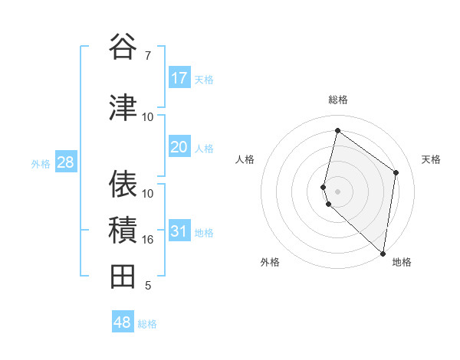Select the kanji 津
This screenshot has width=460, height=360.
(x=123, y=107)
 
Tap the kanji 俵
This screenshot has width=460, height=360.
(x=123, y=184)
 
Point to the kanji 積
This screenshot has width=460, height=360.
(x=123, y=230)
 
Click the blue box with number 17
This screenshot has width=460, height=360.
(x=179, y=78)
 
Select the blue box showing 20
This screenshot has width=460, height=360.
(x=179, y=147)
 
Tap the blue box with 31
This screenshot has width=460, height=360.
(x=179, y=232)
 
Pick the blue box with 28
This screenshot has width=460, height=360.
(x=65, y=162)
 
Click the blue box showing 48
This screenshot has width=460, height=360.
(x=123, y=322)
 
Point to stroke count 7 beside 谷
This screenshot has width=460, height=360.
(x=148, y=55)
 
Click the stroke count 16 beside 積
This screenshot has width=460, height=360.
(x=148, y=240)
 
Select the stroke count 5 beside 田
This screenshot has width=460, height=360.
(x=148, y=286)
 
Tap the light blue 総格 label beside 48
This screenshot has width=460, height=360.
(x=147, y=324)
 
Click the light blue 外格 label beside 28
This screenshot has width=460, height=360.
(x=41, y=164)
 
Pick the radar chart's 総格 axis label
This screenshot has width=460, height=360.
(x=338, y=100)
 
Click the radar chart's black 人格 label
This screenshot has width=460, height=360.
(x=245, y=159)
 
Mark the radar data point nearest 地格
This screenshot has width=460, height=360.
(x=383, y=254)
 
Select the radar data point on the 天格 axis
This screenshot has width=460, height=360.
(x=396, y=172)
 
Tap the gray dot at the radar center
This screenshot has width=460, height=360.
(x=338, y=191)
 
